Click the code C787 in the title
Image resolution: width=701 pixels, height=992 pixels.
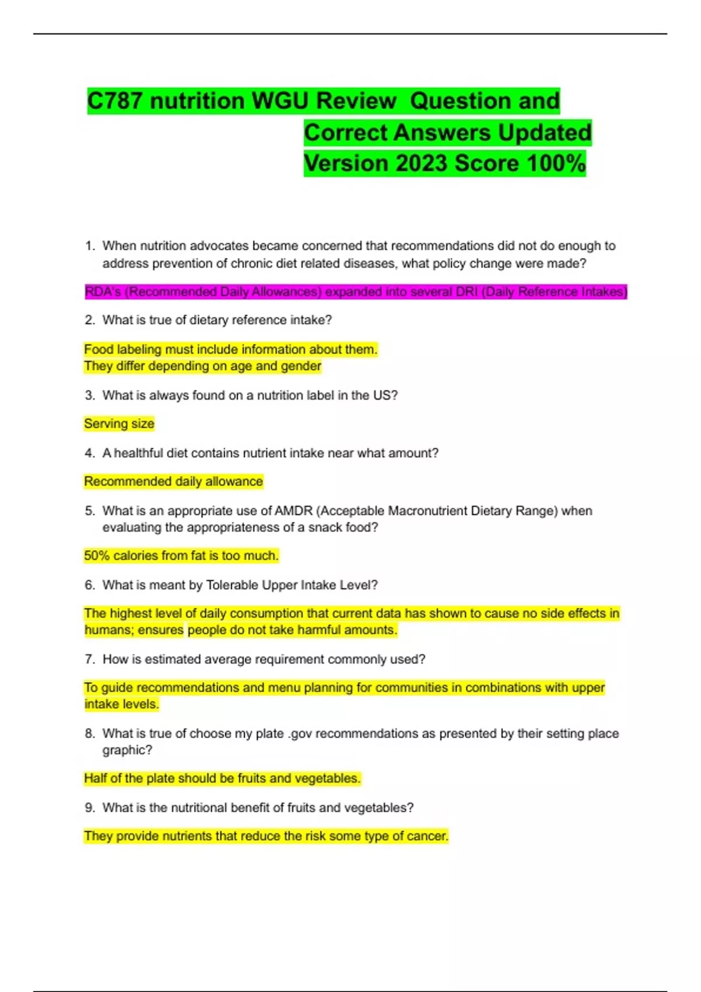(x=114, y=101)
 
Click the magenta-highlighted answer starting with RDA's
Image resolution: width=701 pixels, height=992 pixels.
(x=355, y=292)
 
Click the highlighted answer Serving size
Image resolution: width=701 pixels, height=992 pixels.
(x=119, y=424)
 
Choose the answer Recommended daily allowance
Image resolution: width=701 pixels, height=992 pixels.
(x=173, y=481)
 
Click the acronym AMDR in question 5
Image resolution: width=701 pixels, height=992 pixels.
(x=293, y=511)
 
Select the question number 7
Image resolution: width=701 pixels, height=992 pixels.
(x=89, y=659)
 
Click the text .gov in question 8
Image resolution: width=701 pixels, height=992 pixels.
(x=300, y=733)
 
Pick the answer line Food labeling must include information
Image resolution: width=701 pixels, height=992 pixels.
(x=231, y=350)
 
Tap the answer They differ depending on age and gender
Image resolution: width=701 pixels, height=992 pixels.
(x=203, y=366)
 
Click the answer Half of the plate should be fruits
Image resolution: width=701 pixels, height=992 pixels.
(x=222, y=778)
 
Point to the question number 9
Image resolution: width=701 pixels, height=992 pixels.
(x=89, y=808)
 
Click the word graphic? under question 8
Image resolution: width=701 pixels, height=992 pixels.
(x=127, y=750)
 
